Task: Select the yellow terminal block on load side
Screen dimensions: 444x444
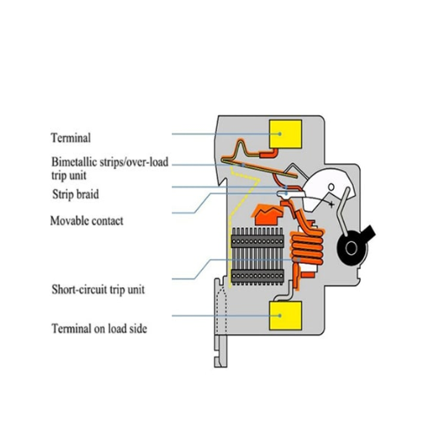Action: tap(286, 317)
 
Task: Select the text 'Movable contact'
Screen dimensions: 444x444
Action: tap(86, 220)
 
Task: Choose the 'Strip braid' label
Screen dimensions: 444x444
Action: tap(78, 194)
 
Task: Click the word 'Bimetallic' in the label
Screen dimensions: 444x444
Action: tap(75, 161)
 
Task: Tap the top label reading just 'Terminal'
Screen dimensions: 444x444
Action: tap(70, 137)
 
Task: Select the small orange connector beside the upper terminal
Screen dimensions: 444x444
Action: tap(270, 153)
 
